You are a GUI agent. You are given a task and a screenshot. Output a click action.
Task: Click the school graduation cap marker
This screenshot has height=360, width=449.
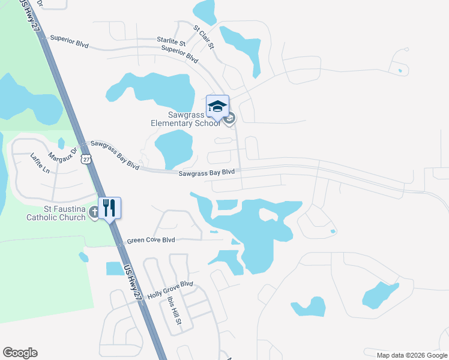click(x=217, y=107)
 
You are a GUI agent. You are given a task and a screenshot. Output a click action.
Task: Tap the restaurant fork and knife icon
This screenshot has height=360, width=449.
click(x=109, y=209)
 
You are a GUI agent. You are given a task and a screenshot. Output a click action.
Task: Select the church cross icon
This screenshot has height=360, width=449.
click(x=94, y=212)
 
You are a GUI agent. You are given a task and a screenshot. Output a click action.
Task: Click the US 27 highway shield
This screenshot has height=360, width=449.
click(x=88, y=159)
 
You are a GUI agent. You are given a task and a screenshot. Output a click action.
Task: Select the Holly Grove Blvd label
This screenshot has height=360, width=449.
click(x=170, y=286)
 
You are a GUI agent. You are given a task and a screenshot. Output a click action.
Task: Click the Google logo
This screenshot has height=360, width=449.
click(x=20, y=353)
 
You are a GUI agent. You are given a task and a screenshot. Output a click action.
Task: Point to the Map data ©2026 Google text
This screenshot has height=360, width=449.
click(x=412, y=355)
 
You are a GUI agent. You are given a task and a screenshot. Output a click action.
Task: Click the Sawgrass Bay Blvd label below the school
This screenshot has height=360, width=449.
click(x=206, y=173)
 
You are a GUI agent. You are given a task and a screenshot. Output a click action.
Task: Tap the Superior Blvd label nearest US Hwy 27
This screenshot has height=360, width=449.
click(x=70, y=37)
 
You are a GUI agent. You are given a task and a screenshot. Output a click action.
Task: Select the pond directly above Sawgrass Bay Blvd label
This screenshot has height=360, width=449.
click(x=173, y=149)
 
